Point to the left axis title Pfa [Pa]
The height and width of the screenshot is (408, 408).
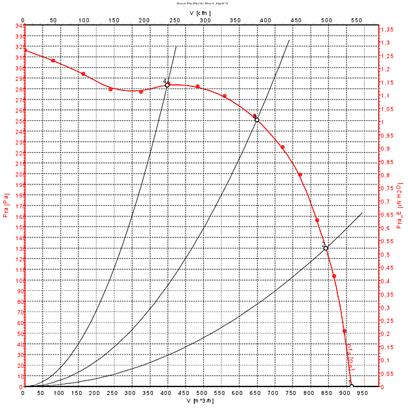pos(6,206)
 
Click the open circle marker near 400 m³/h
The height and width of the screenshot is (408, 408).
pos(167,85)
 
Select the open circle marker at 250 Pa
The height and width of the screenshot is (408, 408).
pos(257,120)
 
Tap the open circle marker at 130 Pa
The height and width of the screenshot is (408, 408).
pos(326,248)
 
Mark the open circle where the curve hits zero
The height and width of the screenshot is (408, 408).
pos(351,386)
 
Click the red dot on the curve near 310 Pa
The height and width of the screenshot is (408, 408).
pos(54,61)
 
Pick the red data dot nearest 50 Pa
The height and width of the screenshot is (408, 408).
pos(345,331)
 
